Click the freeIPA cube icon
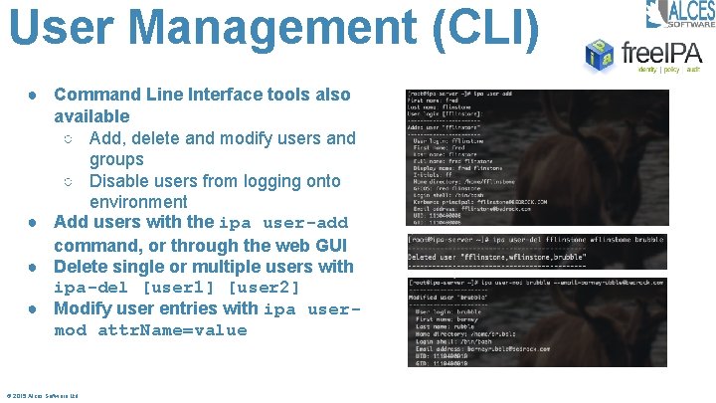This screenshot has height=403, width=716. click(600, 56)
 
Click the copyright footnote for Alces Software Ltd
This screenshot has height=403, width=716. click(43, 395)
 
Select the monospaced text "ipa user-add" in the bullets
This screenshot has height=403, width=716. click(283, 224)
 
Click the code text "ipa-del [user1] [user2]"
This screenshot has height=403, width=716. click(176, 288)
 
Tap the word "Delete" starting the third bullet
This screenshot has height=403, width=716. click(83, 267)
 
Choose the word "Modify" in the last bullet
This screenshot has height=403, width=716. click(84, 308)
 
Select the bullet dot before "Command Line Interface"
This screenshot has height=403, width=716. click(34, 95)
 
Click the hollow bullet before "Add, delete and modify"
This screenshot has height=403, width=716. click(69, 138)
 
